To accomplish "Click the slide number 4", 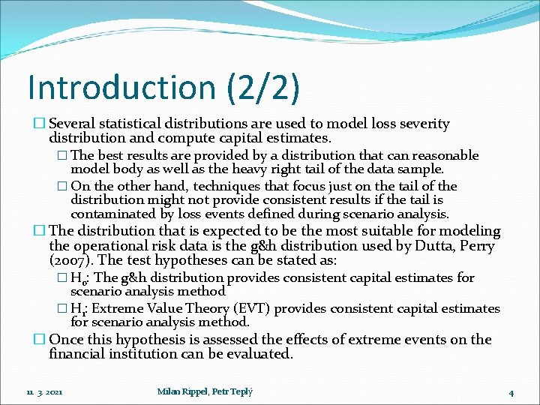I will tap(511, 392).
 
